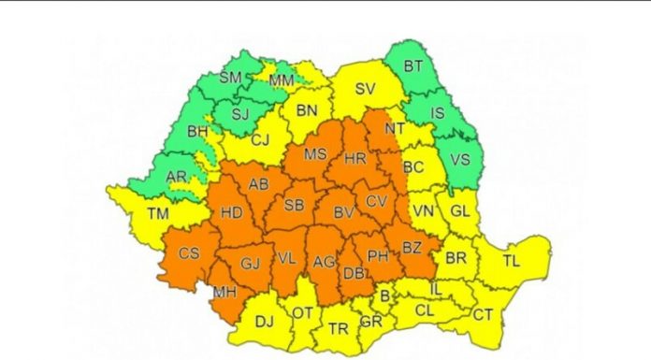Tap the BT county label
(x=413, y=65)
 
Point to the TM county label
(x=158, y=214)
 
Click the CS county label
(x=188, y=253)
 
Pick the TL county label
(x=512, y=261)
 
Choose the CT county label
(x=482, y=315)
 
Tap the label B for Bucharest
(x=383, y=296)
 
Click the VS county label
(x=459, y=159)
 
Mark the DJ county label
(x=265, y=323)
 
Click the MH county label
(x=224, y=293)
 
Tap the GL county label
(x=459, y=210)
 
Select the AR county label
(x=176, y=176)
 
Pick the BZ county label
(x=412, y=248)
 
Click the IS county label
(x=436, y=112)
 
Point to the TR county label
(x=338, y=328)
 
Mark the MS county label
(x=316, y=154)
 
